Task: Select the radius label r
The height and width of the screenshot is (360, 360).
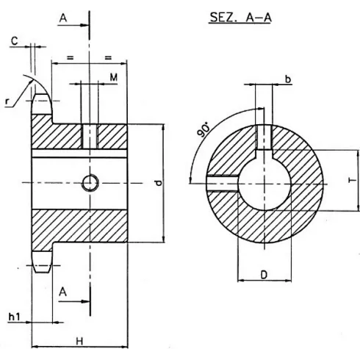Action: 7,102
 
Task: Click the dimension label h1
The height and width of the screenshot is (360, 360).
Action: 14,317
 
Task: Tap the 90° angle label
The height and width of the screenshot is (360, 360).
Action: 206,131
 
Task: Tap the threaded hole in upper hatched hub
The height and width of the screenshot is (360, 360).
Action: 90,135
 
